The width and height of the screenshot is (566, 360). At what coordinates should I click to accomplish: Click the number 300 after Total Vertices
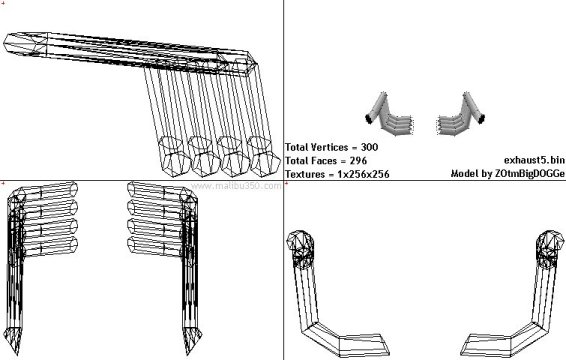[369, 147]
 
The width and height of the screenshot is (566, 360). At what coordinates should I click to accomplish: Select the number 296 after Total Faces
[358, 160]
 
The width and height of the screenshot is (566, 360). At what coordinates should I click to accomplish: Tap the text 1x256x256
[363, 174]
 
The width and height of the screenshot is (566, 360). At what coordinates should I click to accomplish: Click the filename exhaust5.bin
[534, 160]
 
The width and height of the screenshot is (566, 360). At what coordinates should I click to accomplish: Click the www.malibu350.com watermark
[236, 186]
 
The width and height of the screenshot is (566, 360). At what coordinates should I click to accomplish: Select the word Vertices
[329, 147]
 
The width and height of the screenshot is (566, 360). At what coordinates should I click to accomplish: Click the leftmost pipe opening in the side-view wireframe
[174, 156]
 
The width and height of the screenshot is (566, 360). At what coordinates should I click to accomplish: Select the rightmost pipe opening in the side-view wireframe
[264, 156]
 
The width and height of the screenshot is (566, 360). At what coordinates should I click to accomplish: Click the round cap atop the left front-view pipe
[300, 241]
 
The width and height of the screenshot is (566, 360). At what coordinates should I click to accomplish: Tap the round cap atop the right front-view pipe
[550, 241]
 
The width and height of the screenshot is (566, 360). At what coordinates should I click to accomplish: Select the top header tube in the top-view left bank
[51, 191]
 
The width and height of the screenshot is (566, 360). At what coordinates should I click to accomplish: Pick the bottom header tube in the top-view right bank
[155, 246]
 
